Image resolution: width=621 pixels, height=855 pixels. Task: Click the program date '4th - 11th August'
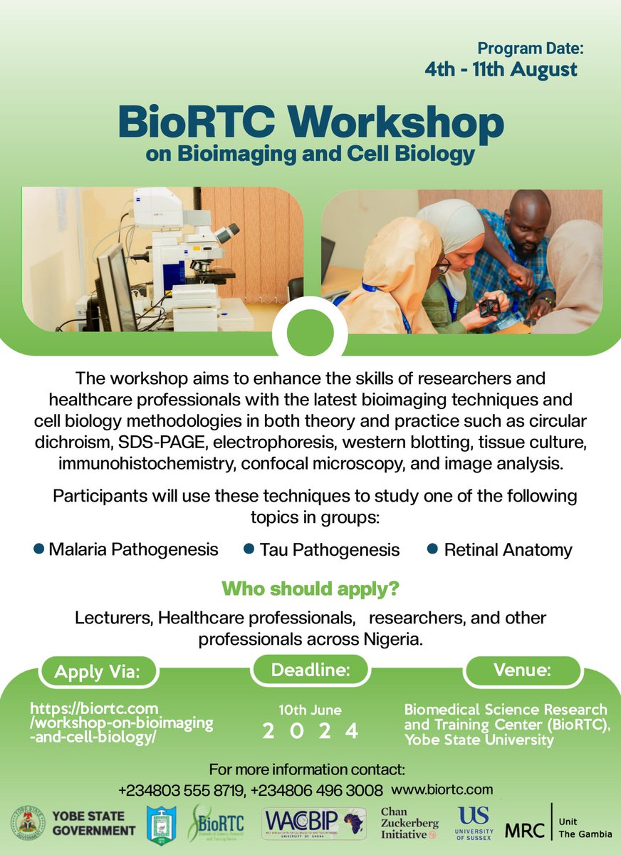point(501,69)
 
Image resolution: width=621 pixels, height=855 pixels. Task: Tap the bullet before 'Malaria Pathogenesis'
point(39,549)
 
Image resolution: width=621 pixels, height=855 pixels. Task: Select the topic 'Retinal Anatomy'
point(508,550)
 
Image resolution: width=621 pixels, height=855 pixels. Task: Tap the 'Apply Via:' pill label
point(98,671)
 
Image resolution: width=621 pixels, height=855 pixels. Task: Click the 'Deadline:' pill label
point(310,670)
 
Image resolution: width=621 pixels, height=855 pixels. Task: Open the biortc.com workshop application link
point(121,722)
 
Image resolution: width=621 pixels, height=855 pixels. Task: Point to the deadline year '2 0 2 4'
point(310,731)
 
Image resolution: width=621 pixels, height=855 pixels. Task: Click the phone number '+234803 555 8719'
point(180,790)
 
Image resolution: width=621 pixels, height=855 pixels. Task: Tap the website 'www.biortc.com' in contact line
point(442,789)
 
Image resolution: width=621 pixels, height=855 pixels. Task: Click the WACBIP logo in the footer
point(314,824)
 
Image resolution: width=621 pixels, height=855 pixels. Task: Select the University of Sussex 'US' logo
point(474,823)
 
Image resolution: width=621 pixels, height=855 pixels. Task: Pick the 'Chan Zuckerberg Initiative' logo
point(409,824)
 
